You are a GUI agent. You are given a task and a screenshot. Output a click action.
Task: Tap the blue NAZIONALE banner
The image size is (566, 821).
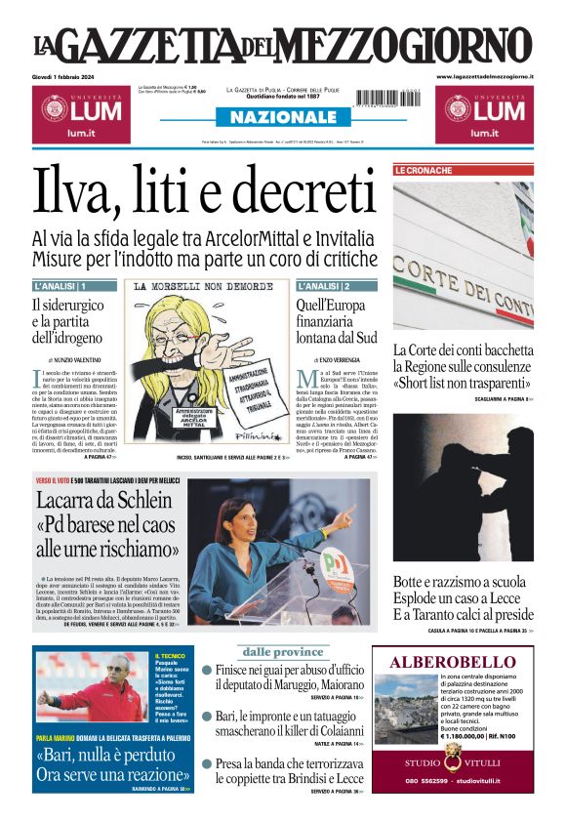[x=282, y=118]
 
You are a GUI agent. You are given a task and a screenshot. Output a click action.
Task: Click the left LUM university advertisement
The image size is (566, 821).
[x=78, y=112]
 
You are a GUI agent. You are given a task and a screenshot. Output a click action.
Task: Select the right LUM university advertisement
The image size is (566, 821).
[x=484, y=112]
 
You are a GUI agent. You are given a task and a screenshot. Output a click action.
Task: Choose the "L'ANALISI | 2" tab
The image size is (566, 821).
[x=324, y=286]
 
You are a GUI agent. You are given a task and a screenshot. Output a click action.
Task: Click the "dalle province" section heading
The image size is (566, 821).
[x=282, y=652]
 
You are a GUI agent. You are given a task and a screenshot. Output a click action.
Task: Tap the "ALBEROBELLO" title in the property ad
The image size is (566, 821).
[x=452, y=662]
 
